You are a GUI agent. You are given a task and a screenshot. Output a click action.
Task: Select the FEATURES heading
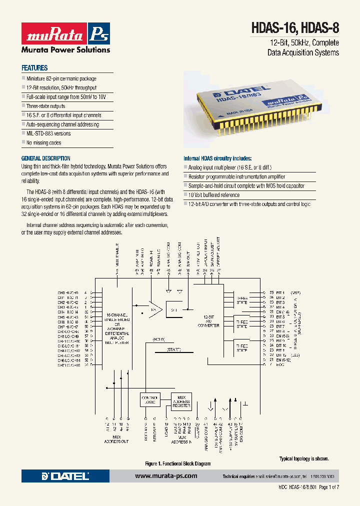34,68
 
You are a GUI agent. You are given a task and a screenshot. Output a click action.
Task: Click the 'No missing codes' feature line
43,142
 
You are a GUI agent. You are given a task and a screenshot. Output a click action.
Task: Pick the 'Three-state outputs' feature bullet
45,106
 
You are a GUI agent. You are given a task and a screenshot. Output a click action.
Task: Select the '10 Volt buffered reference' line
214,195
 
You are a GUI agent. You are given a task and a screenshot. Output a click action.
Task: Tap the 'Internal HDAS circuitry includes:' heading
217,158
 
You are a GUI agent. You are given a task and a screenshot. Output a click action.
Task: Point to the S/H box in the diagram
174,310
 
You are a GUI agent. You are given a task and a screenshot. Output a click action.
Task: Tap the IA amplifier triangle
152,310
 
